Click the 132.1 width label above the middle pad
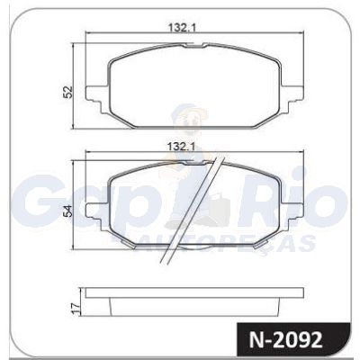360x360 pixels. click(x=181, y=147)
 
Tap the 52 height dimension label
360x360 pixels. click(x=67, y=92)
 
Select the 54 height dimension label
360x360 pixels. click(x=67, y=211)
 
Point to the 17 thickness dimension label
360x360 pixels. click(x=76, y=308)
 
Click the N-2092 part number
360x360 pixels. click(x=285, y=340)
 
